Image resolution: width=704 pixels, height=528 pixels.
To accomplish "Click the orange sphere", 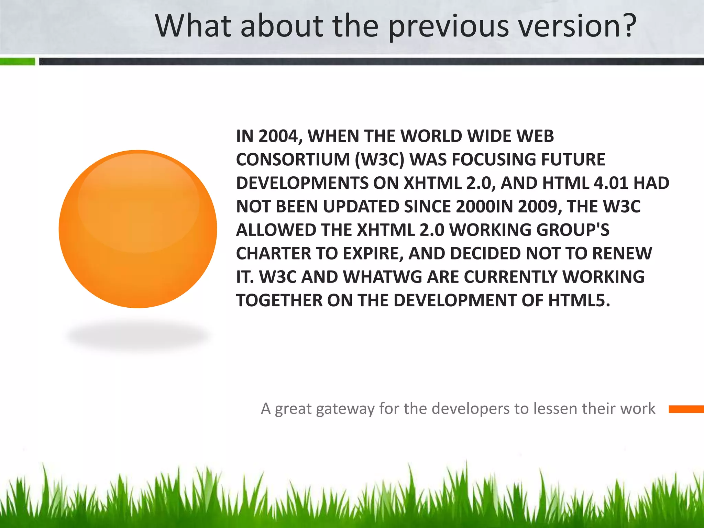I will pyautogui.click(x=138, y=229).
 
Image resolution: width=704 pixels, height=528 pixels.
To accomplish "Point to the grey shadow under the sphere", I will pyautogui.click(x=138, y=335).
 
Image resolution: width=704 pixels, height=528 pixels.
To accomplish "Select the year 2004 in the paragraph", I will pyautogui.click(x=278, y=136).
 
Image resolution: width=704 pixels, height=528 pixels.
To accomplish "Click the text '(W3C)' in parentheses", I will pyautogui.click(x=379, y=159).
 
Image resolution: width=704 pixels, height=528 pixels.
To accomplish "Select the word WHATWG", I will pyautogui.click(x=382, y=277).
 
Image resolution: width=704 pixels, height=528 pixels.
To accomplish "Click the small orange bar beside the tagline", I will pyautogui.click(x=686, y=409).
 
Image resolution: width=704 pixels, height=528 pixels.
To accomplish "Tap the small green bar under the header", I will pyautogui.click(x=18, y=62).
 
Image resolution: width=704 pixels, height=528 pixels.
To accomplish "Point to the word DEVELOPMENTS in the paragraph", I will pyautogui.click(x=302, y=183).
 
